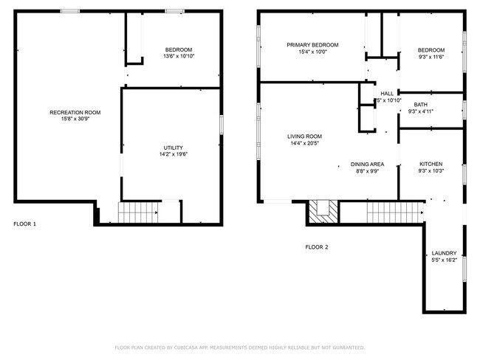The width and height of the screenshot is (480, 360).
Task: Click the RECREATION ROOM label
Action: (75, 112)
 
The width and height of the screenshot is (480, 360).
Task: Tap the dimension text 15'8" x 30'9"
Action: (75, 119)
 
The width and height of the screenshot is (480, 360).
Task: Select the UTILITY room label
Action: (173, 148)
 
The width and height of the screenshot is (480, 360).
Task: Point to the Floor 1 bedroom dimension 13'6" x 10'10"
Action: (178, 56)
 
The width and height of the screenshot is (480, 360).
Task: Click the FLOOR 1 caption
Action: (24, 224)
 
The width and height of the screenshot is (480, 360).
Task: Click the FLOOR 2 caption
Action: (317, 246)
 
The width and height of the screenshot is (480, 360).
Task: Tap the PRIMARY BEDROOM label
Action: (312, 45)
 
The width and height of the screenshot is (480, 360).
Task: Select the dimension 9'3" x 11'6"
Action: (431, 57)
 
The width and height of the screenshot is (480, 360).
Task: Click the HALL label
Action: (387, 94)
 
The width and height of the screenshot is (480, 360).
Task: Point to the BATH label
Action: (420, 105)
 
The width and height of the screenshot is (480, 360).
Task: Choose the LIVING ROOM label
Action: (304, 136)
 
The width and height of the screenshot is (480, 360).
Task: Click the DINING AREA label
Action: (366, 164)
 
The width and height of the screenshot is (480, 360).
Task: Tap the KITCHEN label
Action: (431, 164)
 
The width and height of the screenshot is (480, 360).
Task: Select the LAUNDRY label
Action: (444, 252)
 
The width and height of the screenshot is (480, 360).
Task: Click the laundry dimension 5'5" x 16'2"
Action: (444, 260)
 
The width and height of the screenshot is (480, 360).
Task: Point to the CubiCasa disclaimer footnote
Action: (239, 347)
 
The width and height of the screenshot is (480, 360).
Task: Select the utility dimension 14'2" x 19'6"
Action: (173, 155)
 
